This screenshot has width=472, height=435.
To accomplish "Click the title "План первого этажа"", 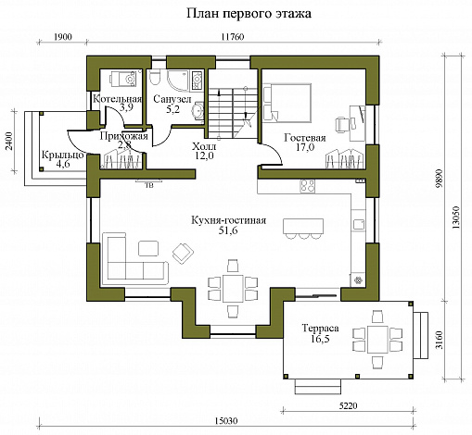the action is click(249, 14).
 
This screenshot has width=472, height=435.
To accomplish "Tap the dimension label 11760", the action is click(233, 37).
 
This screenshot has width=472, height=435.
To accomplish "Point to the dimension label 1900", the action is click(63, 37).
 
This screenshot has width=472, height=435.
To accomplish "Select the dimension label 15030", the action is click(225, 421).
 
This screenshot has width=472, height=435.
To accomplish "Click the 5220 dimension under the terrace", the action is click(348, 405).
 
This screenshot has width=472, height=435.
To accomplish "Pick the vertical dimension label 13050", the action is click(456, 217).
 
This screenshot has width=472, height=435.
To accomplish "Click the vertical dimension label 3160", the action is click(439, 340).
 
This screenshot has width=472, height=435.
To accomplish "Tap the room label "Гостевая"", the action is click(305, 138).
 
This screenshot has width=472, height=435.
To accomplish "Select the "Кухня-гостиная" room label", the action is click(229, 220).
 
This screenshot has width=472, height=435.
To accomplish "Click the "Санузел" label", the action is click(172, 99).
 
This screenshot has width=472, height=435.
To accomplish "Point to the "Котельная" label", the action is click(118, 99).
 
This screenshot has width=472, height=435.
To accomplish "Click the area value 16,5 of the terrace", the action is click(321, 339).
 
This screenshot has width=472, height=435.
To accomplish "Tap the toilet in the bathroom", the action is click(154, 78).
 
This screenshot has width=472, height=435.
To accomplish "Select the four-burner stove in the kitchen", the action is click(307, 186).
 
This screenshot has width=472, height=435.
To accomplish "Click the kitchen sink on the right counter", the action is click(359, 224).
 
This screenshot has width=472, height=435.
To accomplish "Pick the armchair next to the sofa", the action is click(183, 254).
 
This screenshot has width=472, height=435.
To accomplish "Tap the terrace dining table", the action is click(377, 340).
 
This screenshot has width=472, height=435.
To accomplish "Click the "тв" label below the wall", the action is click(149, 185).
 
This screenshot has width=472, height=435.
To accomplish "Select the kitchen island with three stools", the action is click(303, 229).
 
